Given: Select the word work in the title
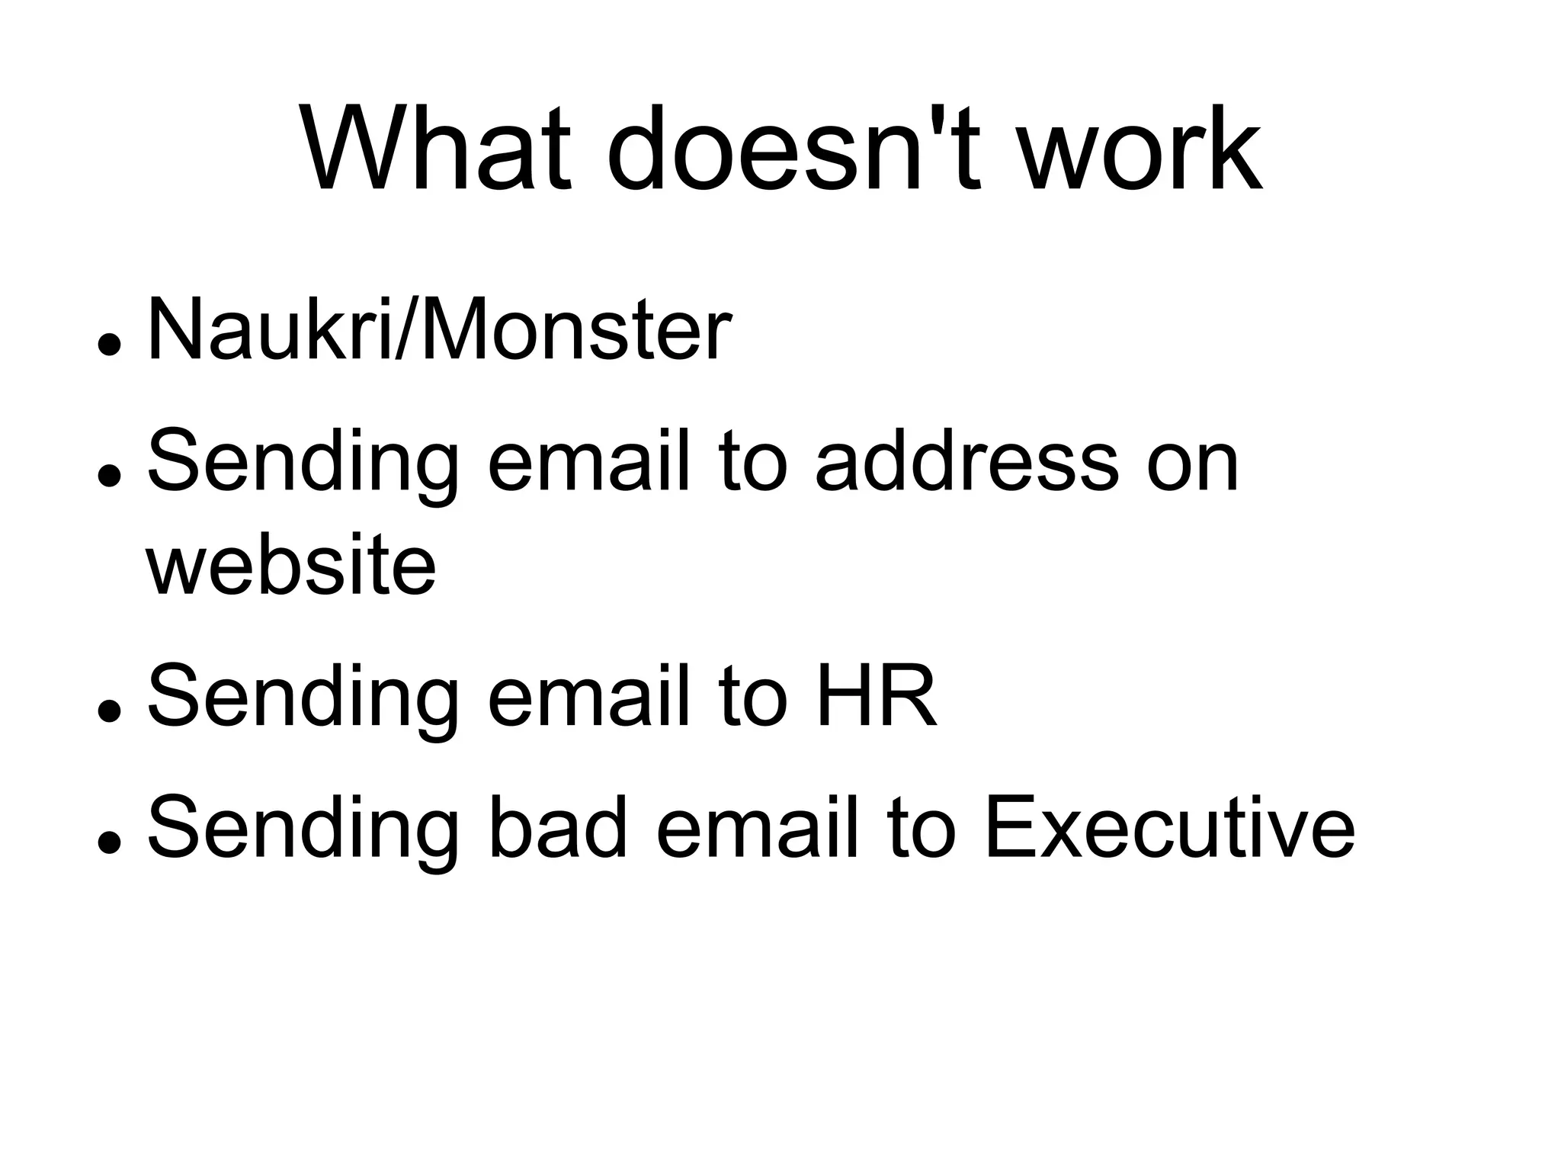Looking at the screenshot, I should pyautogui.click(x=1140, y=149).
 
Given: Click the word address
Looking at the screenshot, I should pyautogui.click(x=965, y=462).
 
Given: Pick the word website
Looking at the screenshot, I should pyautogui.click(x=291, y=566).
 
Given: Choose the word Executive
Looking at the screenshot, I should pyautogui.click(x=1169, y=828).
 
